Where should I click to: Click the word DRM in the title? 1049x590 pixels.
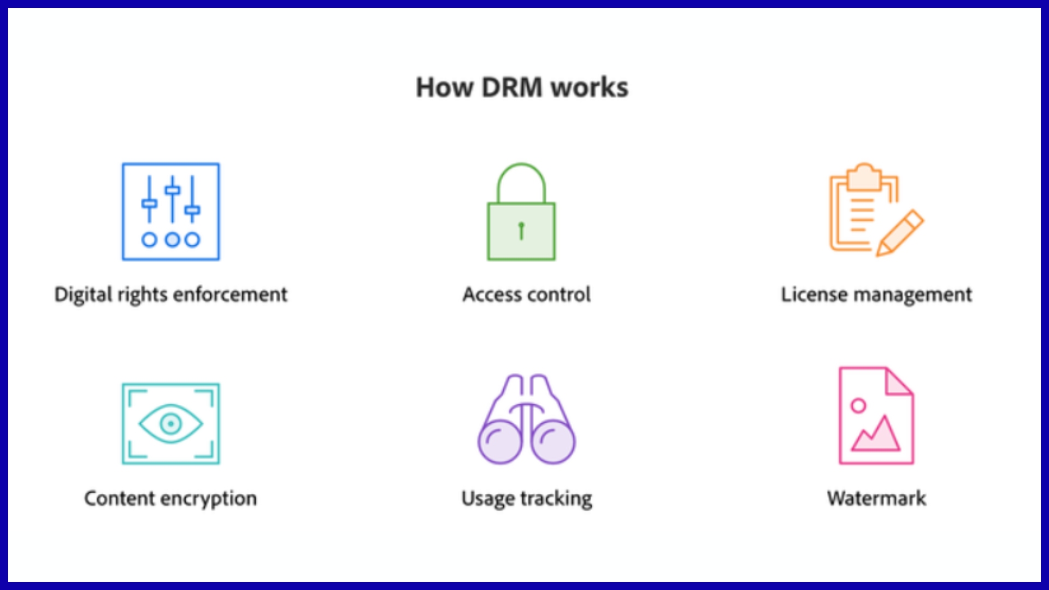click(x=512, y=87)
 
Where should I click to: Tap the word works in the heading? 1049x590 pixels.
click(x=590, y=87)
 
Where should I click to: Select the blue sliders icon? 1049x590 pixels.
click(x=170, y=211)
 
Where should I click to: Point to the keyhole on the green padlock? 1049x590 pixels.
click(x=521, y=230)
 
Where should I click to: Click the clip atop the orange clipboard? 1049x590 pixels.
click(x=864, y=176)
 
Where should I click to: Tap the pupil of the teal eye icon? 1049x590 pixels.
click(x=171, y=423)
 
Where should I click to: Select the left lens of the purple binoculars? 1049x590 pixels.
click(x=500, y=441)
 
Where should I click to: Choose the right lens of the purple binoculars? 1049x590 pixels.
click(x=553, y=441)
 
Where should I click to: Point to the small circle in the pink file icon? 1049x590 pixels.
click(x=858, y=405)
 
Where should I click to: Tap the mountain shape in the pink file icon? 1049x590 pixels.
click(x=877, y=435)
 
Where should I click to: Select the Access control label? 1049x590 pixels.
click(x=526, y=294)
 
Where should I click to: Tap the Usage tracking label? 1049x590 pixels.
click(x=526, y=499)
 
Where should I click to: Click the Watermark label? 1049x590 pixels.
click(x=876, y=498)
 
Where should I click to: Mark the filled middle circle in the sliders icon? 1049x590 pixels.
click(x=172, y=239)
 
